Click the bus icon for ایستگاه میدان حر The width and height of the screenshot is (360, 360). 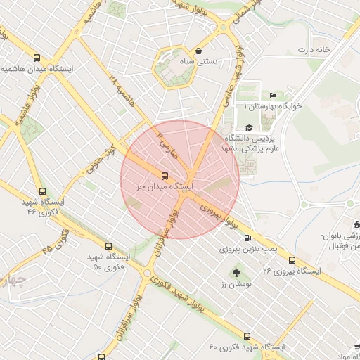165,176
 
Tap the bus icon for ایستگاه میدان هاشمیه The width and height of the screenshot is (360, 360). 37,58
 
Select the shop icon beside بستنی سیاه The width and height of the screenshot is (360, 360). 200,51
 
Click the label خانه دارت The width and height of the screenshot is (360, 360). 314,49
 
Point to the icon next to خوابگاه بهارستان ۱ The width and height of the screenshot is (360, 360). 273,96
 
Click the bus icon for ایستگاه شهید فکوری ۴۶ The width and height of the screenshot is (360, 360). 42,191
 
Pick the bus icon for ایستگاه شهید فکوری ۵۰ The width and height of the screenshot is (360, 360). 108,247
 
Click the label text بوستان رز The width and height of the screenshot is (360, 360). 235,285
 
